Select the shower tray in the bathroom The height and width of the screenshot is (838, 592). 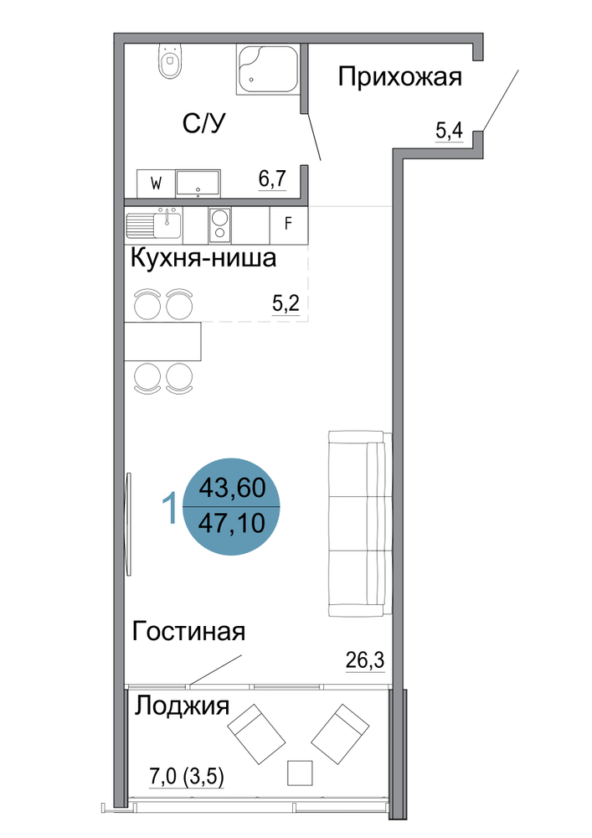coord(268,70)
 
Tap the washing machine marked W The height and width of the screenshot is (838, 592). coord(157,184)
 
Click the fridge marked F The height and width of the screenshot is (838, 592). coord(289,224)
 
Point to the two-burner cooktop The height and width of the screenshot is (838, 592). coord(219,224)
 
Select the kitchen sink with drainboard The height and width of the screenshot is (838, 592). coord(154,224)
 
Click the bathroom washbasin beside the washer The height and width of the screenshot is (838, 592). coord(198,183)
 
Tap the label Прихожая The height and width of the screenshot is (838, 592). coord(399,77)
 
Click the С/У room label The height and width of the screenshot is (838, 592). coord(204,123)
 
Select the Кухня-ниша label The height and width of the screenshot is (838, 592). coord(203,259)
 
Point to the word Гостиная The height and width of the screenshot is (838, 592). coord(188,631)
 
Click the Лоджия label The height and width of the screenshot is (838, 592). coord(182,706)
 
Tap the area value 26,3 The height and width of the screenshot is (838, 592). coord(365,660)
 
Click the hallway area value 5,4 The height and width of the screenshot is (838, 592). coord(450,131)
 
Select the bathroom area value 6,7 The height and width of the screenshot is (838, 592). coord(273,179)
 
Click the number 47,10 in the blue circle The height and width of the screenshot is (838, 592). coord(232,523)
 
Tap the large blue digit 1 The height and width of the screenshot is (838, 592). coord(170,508)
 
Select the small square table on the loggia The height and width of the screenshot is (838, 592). coord(300,773)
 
